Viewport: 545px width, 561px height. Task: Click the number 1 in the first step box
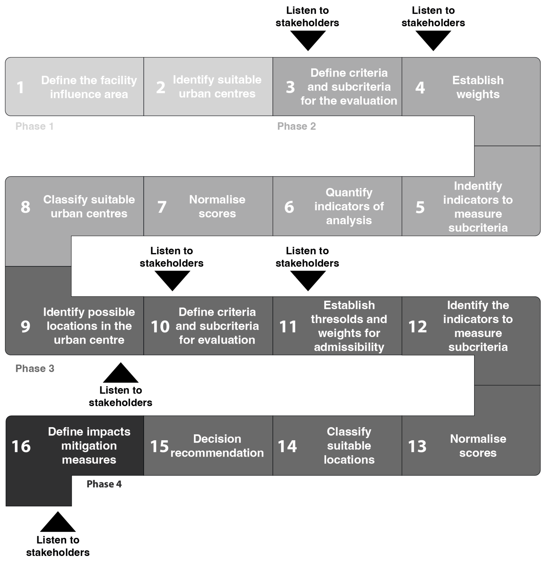(x=20, y=87)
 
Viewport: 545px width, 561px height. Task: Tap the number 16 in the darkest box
(x=21, y=446)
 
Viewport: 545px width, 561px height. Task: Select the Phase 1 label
(x=34, y=126)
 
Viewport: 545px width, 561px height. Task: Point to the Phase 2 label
(x=296, y=126)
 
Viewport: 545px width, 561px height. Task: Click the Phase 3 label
(x=35, y=368)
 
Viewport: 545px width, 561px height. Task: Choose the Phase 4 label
(x=104, y=484)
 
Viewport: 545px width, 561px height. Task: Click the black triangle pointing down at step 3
(x=308, y=39)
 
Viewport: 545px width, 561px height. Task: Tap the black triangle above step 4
(x=433, y=39)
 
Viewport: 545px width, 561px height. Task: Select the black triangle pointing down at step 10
(x=172, y=279)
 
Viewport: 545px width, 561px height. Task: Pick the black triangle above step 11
(x=308, y=279)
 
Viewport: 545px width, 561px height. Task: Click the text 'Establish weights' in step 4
(x=478, y=87)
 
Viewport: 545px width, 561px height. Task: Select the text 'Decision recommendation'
(x=217, y=446)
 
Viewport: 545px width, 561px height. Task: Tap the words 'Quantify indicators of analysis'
(x=349, y=206)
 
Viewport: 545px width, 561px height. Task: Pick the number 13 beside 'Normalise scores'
(x=417, y=446)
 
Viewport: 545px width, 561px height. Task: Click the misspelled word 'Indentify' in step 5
(x=478, y=186)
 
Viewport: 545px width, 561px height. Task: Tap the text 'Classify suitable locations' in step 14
(x=349, y=445)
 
